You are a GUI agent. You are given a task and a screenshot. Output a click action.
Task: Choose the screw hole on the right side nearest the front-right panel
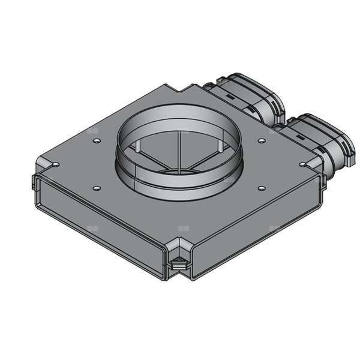pyautogui.click(x=261, y=188)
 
